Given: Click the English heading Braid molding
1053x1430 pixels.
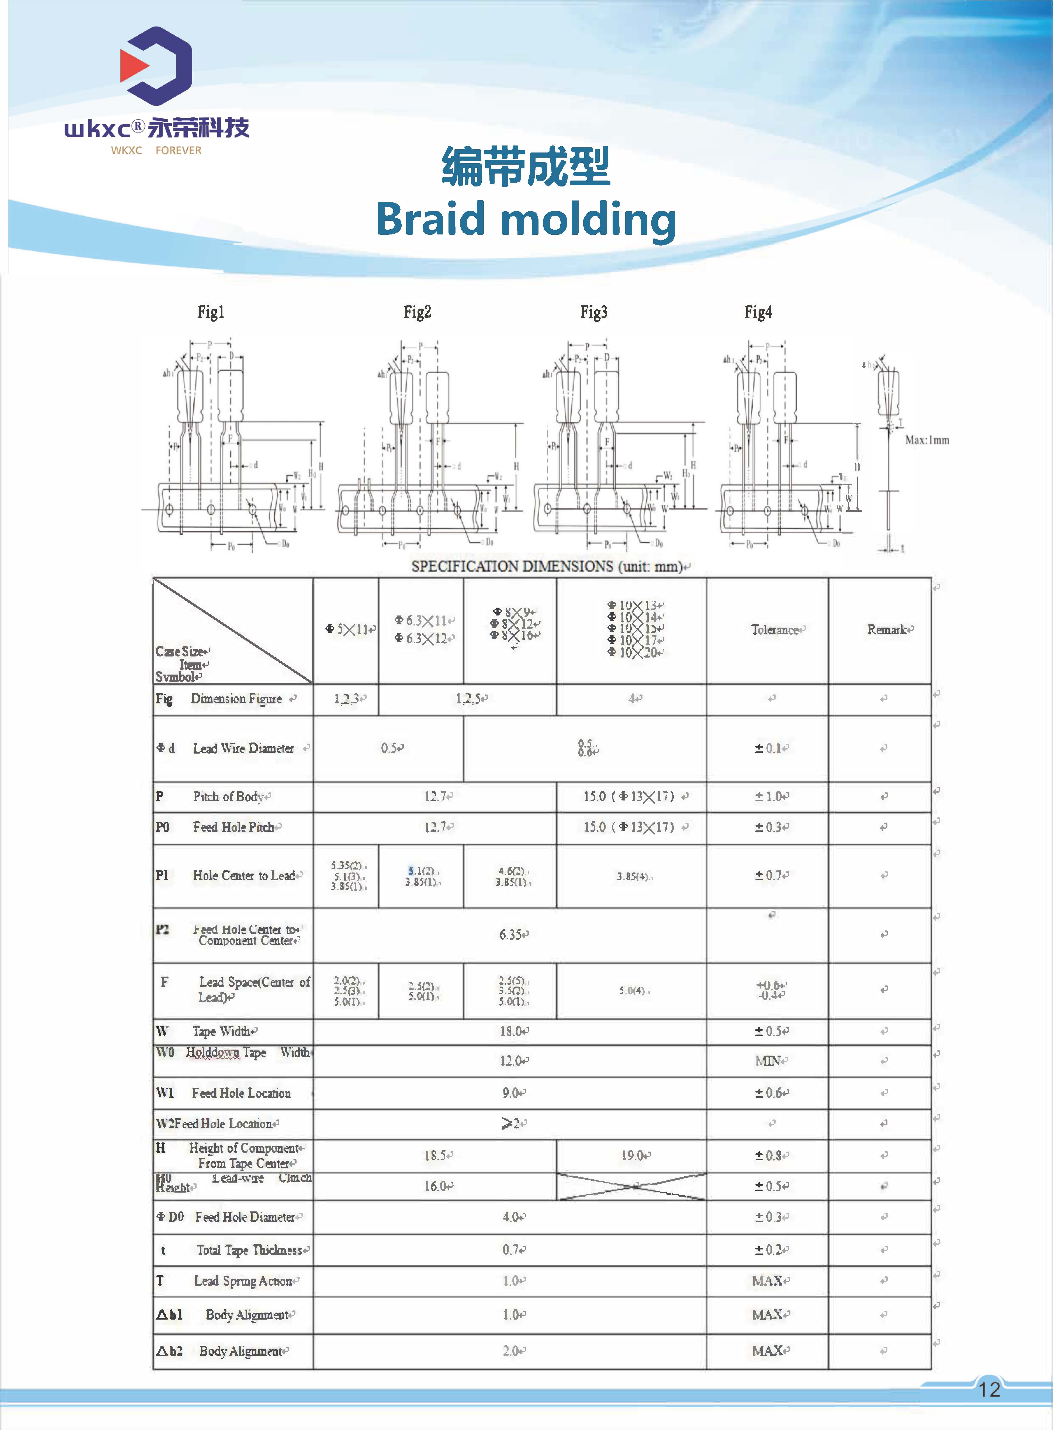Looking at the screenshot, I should click(526, 219).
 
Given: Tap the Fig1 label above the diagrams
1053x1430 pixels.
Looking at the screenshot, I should click(210, 312).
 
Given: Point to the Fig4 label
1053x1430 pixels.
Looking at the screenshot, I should click(758, 312).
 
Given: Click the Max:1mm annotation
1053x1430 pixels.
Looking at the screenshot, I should click(927, 440).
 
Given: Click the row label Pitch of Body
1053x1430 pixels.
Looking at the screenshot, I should click(228, 797).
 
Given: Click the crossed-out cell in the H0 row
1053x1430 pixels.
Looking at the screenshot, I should click(631, 1186).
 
